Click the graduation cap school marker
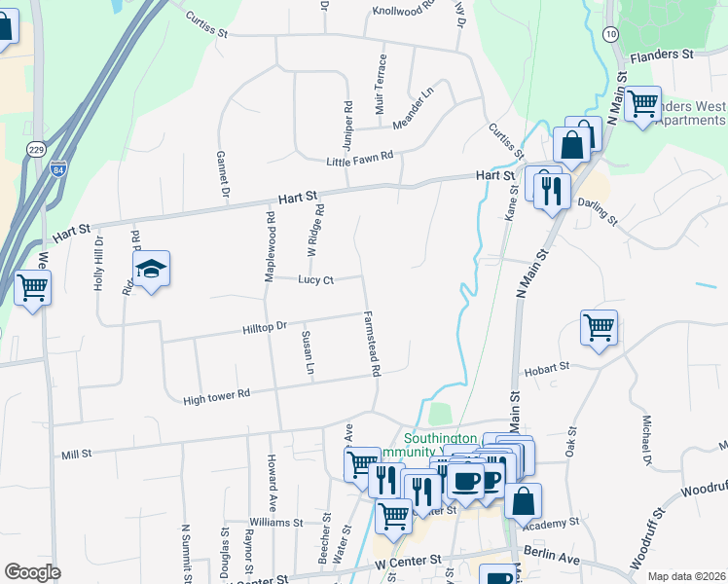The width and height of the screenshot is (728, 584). [152, 269]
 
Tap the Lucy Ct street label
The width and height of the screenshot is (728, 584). [316, 280]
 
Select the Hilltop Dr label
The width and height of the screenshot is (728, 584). [266, 329]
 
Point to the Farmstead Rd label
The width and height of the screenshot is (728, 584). [372, 344]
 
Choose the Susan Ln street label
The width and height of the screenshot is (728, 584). [308, 352]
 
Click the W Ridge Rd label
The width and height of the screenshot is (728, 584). [314, 230]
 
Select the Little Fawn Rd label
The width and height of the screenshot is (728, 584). [359, 158]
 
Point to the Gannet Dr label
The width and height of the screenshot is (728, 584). [223, 175]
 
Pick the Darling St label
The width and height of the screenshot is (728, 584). [598, 210]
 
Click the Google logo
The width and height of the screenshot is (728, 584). [32, 572]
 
